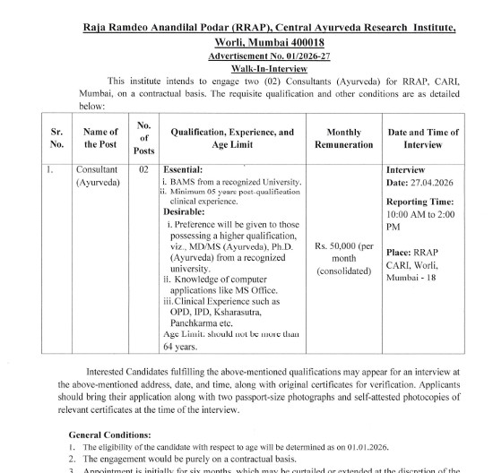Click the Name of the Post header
(x=100, y=137)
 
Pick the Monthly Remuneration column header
(x=337, y=137)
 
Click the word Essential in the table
(x=184, y=168)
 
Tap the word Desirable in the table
(x=185, y=202)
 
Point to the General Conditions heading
(x=110, y=433)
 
